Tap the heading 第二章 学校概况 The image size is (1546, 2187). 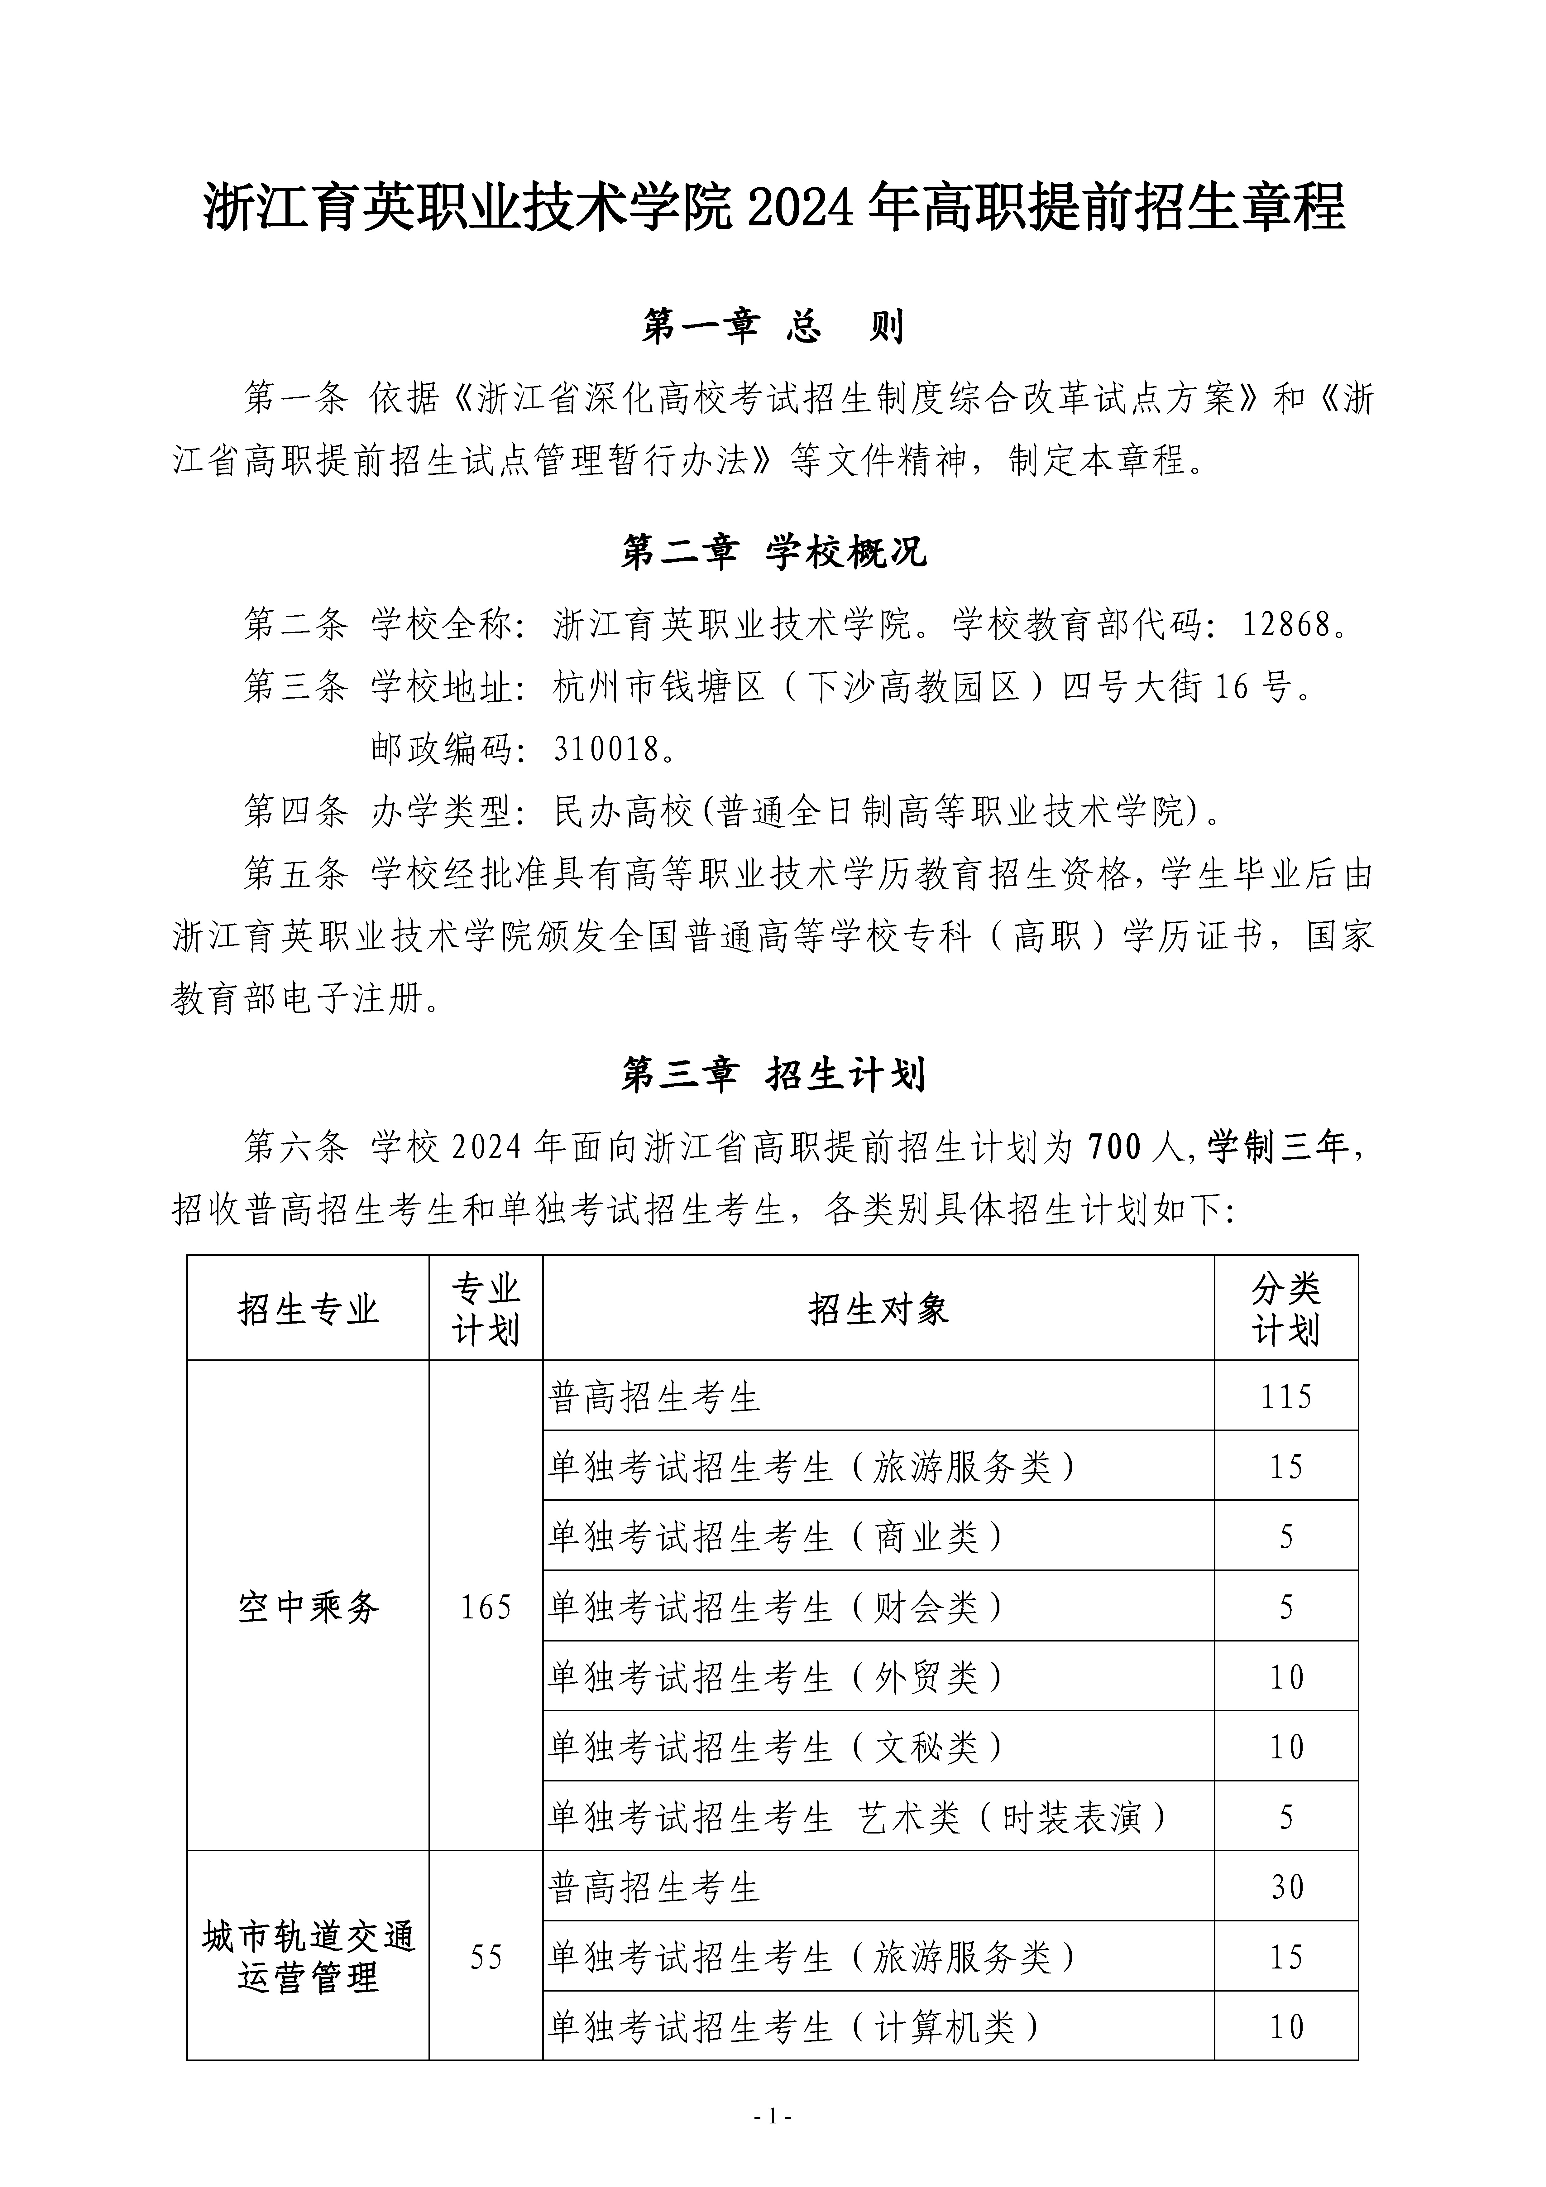click(x=773, y=552)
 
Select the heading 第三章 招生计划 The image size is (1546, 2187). click(x=773, y=1075)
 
